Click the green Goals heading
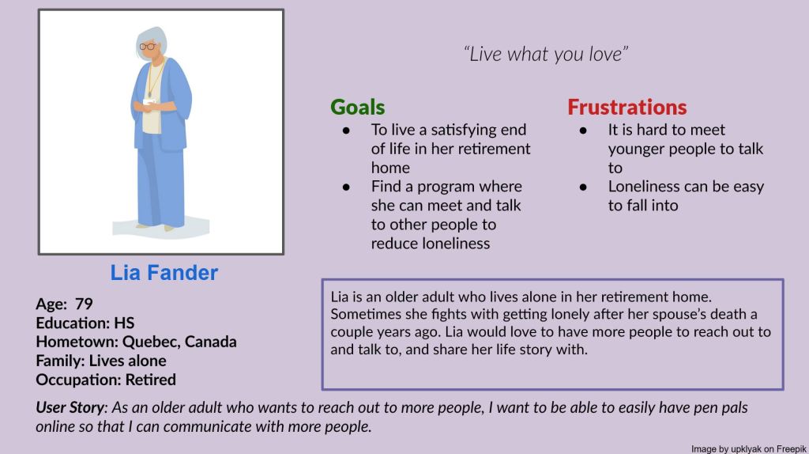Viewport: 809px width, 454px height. pos(357,108)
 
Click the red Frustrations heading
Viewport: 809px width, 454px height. pos(627,108)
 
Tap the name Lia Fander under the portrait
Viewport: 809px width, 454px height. pos(164,274)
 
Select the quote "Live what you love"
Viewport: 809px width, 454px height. pos(546,55)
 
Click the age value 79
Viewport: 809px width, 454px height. pos(84,304)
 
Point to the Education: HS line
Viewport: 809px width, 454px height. pos(85,323)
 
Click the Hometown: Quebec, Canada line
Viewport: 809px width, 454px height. pos(136,342)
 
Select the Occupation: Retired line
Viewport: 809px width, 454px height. pos(106,380)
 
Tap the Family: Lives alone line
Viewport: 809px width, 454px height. pos(101,361)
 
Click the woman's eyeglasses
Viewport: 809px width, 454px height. pos(147,47)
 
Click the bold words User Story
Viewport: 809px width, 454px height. pos(70,408)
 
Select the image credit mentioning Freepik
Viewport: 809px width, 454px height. pos(747,448)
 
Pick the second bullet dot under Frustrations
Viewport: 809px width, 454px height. pos(583,187)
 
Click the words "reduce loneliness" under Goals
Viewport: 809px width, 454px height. pos(431,244)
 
